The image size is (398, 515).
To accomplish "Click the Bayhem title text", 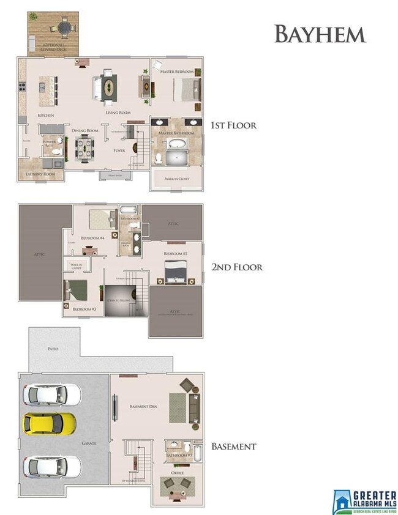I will click(320, 34).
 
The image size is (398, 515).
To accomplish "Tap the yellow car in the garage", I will click(50, 423).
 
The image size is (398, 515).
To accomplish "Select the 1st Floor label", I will click(233, 125).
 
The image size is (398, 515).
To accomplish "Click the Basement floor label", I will click(233, 446).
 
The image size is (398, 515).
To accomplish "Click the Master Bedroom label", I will click(177, 72).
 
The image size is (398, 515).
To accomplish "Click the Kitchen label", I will click(46, 115).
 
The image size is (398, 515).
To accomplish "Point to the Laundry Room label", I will click(40, 174).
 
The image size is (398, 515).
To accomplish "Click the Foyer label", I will click(119, 150).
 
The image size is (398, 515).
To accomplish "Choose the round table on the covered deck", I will click(64, 28).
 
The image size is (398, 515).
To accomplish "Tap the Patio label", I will click(53, 349).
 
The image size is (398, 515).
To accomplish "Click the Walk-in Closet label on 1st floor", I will click(176, 179).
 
